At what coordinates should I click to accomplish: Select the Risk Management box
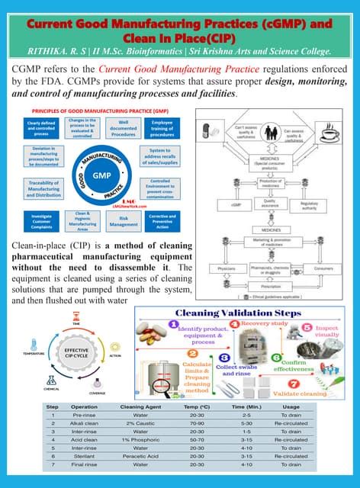124,221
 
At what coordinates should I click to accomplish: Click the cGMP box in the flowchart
225,204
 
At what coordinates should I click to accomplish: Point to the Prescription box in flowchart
278,287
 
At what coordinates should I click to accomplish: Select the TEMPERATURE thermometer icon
33,343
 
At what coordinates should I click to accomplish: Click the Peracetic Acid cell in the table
140,456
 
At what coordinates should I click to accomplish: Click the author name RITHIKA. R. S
61,52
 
